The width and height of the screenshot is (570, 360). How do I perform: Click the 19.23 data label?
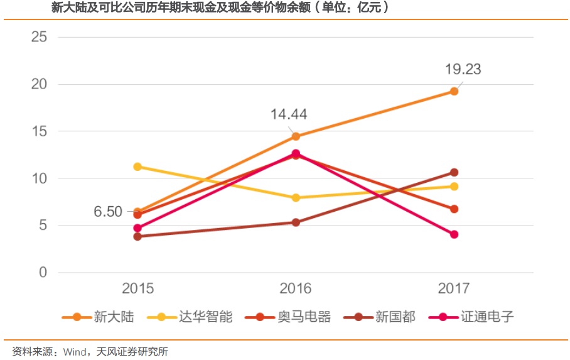(x=463, y=69)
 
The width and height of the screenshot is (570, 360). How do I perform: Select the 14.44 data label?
(x=289, y=114)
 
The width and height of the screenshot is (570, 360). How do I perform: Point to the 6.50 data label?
(x=108, y=212)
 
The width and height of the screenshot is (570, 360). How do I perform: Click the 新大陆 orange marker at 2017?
(x=454, y=92)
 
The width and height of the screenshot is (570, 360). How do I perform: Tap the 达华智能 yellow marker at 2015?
(x=137, y=166)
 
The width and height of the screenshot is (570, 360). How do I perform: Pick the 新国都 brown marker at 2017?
(x=454, y=172)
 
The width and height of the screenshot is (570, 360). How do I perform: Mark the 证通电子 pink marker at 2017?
(x=454, y=234)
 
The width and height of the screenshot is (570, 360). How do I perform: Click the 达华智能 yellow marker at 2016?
(x=296, y=198)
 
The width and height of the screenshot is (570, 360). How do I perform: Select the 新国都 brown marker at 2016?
(x=296, y=222)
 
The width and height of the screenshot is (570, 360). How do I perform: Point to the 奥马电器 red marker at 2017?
(x=454, y=209)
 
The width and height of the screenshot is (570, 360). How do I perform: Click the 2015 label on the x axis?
(x=137, y=289)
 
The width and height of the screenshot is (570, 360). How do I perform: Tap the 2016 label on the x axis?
(x=296, y=289)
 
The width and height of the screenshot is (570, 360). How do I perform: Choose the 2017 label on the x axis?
(x=454, y=289)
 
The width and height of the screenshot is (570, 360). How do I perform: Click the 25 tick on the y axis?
(x=39, y=37)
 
